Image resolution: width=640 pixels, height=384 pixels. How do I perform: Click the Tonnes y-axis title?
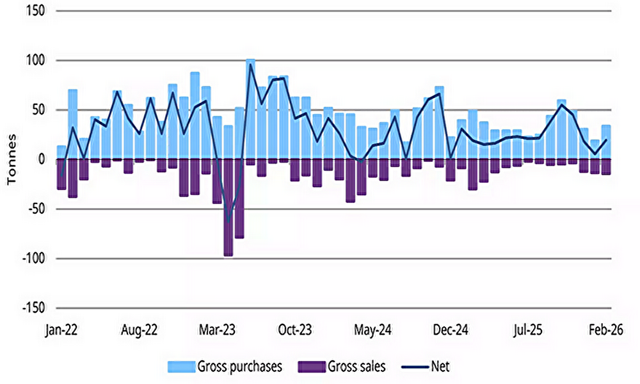click(12, 159)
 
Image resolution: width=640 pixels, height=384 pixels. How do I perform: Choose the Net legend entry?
click(429, 367)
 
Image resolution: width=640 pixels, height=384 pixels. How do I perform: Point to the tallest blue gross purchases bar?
click(250, 109)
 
